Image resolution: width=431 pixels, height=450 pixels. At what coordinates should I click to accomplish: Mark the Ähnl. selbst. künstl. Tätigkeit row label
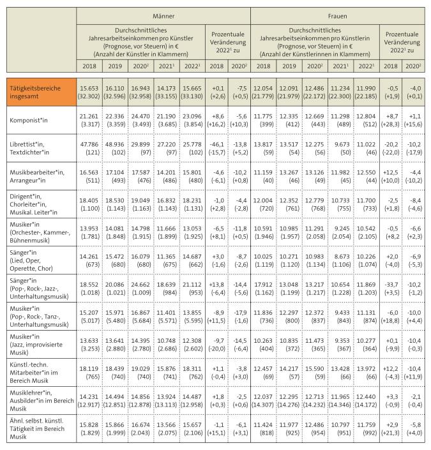38,430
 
